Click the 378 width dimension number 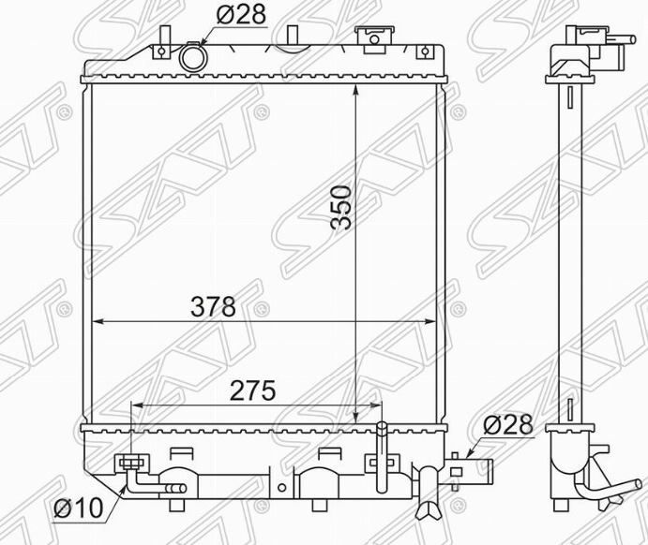(213, 306)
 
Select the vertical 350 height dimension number (341, 208)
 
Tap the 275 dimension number (252, 390)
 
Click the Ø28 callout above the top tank (240, 14)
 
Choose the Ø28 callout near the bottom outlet (507, 424)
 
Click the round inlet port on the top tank (192, 57)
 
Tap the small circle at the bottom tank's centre (282, 487)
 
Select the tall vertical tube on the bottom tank (382, 455)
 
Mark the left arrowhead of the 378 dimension (97, 321)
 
